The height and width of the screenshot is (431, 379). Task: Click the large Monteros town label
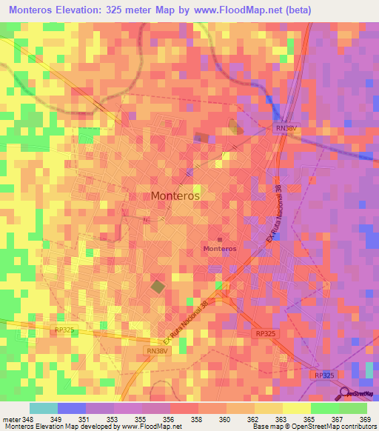(x=175, y=196)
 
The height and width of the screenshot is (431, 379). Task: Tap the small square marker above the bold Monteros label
(x=219, y=239)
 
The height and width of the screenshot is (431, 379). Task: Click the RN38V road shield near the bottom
(x=157, y=351)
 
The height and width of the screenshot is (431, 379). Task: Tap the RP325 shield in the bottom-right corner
(x=323, y=375)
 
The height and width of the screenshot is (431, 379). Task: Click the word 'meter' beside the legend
(x=10, y=420)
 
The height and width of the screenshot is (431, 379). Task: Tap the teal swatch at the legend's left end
(x=44, y=408)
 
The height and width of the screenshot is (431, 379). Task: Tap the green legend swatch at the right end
(x=353, y=408)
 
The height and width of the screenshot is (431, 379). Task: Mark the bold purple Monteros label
(x=220, y=249)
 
